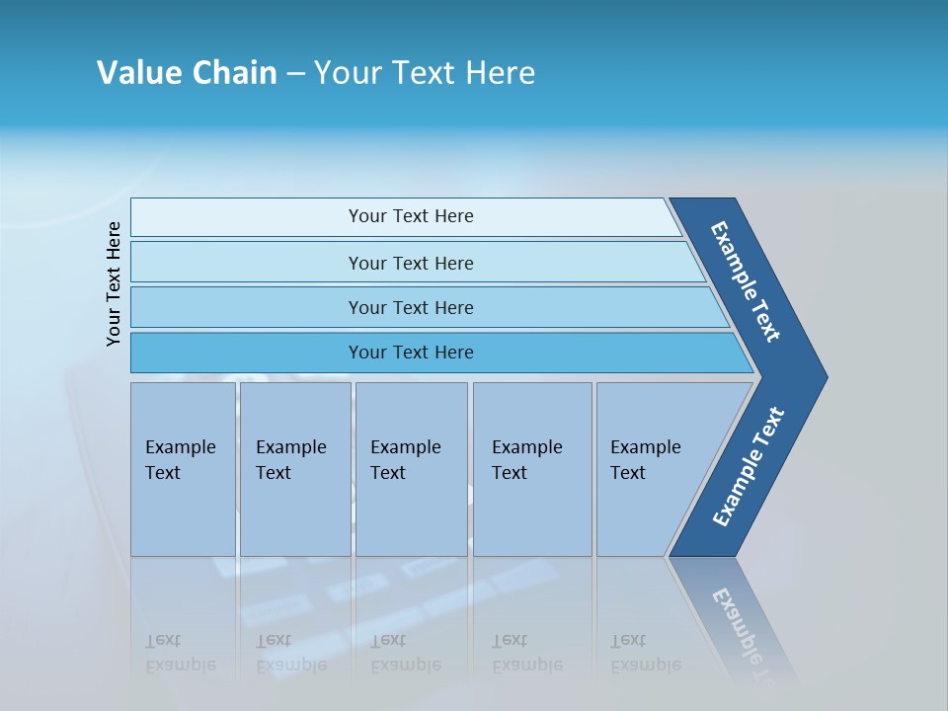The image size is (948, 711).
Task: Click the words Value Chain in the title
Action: click(x=187, y=73)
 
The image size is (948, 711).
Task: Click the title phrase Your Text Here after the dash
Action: click(x=425, y=73)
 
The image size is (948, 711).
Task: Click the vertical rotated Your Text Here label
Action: click(x=114, y=283)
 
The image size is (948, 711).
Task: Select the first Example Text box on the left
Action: click(x=183, y=469)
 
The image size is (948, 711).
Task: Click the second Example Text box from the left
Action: click(x=294, y=469)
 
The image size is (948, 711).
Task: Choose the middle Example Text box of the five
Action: click(x=411, y=469)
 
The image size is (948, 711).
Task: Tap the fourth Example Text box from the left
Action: click(x=532, y=469)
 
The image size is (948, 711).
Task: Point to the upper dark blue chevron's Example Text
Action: click(x=746, y=281)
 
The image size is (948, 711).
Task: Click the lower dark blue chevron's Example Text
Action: click(x=749, y=467)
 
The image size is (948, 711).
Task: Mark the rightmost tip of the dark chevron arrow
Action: click(x=826, y=377)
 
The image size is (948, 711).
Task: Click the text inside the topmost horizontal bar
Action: click(x=411, y=216)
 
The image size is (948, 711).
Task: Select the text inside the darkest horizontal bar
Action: click(x=411, y=353)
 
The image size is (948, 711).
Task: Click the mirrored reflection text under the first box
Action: click(x=180, y=653)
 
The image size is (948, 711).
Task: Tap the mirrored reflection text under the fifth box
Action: click(x=645, y=653)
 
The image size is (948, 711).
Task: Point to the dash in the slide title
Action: click(x=295, y=74)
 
